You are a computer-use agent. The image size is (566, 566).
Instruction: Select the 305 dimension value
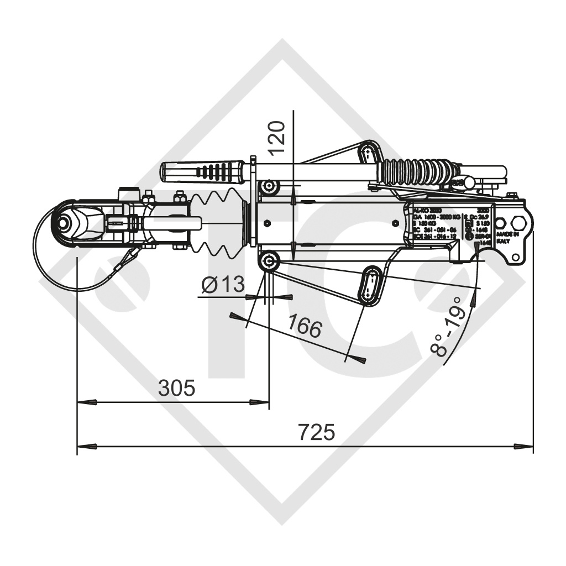pos(176,388)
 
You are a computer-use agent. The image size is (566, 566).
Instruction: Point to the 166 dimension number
pos(304,328)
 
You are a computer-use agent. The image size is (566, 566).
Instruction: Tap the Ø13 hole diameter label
pos(223,285)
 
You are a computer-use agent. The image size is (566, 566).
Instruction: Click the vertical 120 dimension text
pos(276,137)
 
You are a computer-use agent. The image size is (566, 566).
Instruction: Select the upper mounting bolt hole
pos(270,186)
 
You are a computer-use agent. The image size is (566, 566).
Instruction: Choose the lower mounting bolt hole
pos(270,262)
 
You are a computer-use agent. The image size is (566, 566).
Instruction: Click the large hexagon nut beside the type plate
pos(520,223)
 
